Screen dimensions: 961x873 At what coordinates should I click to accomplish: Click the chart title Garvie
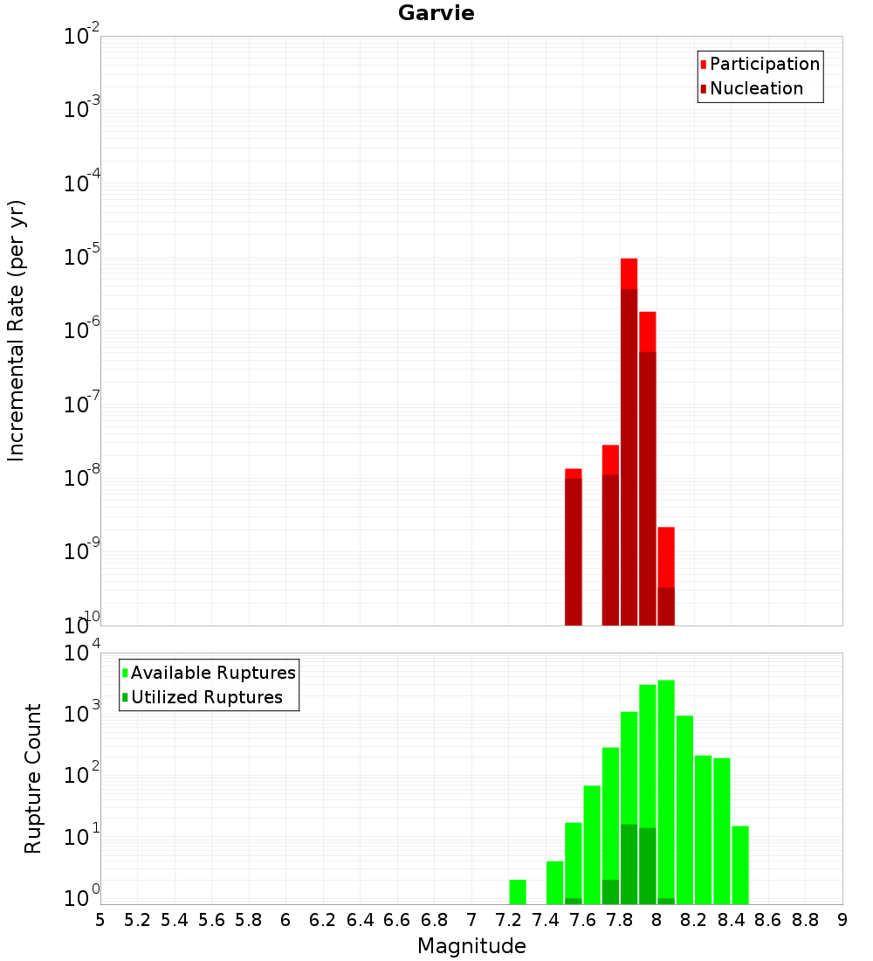[436, 13]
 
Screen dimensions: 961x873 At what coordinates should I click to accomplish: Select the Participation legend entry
[764, 64]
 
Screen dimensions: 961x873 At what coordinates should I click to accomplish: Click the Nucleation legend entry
[755, 88]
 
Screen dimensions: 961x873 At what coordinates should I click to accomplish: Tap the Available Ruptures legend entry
[212, 673]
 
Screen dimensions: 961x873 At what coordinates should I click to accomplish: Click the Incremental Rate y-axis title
[17, 330]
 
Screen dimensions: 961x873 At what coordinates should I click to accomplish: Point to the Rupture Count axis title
[33, 778]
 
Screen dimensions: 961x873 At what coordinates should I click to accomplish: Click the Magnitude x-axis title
[471, 946]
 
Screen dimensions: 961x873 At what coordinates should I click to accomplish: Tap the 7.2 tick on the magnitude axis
[508, 920]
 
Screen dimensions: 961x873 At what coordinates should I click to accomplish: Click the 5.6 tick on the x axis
[211, 920]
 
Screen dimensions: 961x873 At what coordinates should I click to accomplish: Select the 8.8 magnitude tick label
[805, 920]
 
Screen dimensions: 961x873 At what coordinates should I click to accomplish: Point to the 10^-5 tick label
[82, 257]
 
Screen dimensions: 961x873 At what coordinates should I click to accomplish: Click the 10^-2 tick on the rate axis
[82, 37]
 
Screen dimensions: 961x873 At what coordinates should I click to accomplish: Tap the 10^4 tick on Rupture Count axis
[82, 653]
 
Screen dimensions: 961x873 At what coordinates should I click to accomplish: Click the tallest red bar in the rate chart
[629, 437]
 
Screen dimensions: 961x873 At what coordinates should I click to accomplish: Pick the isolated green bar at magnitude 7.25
[518, 891]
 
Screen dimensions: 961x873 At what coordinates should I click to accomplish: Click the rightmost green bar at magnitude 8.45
[740, 865]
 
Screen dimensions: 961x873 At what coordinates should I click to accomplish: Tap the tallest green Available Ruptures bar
[666, 786]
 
